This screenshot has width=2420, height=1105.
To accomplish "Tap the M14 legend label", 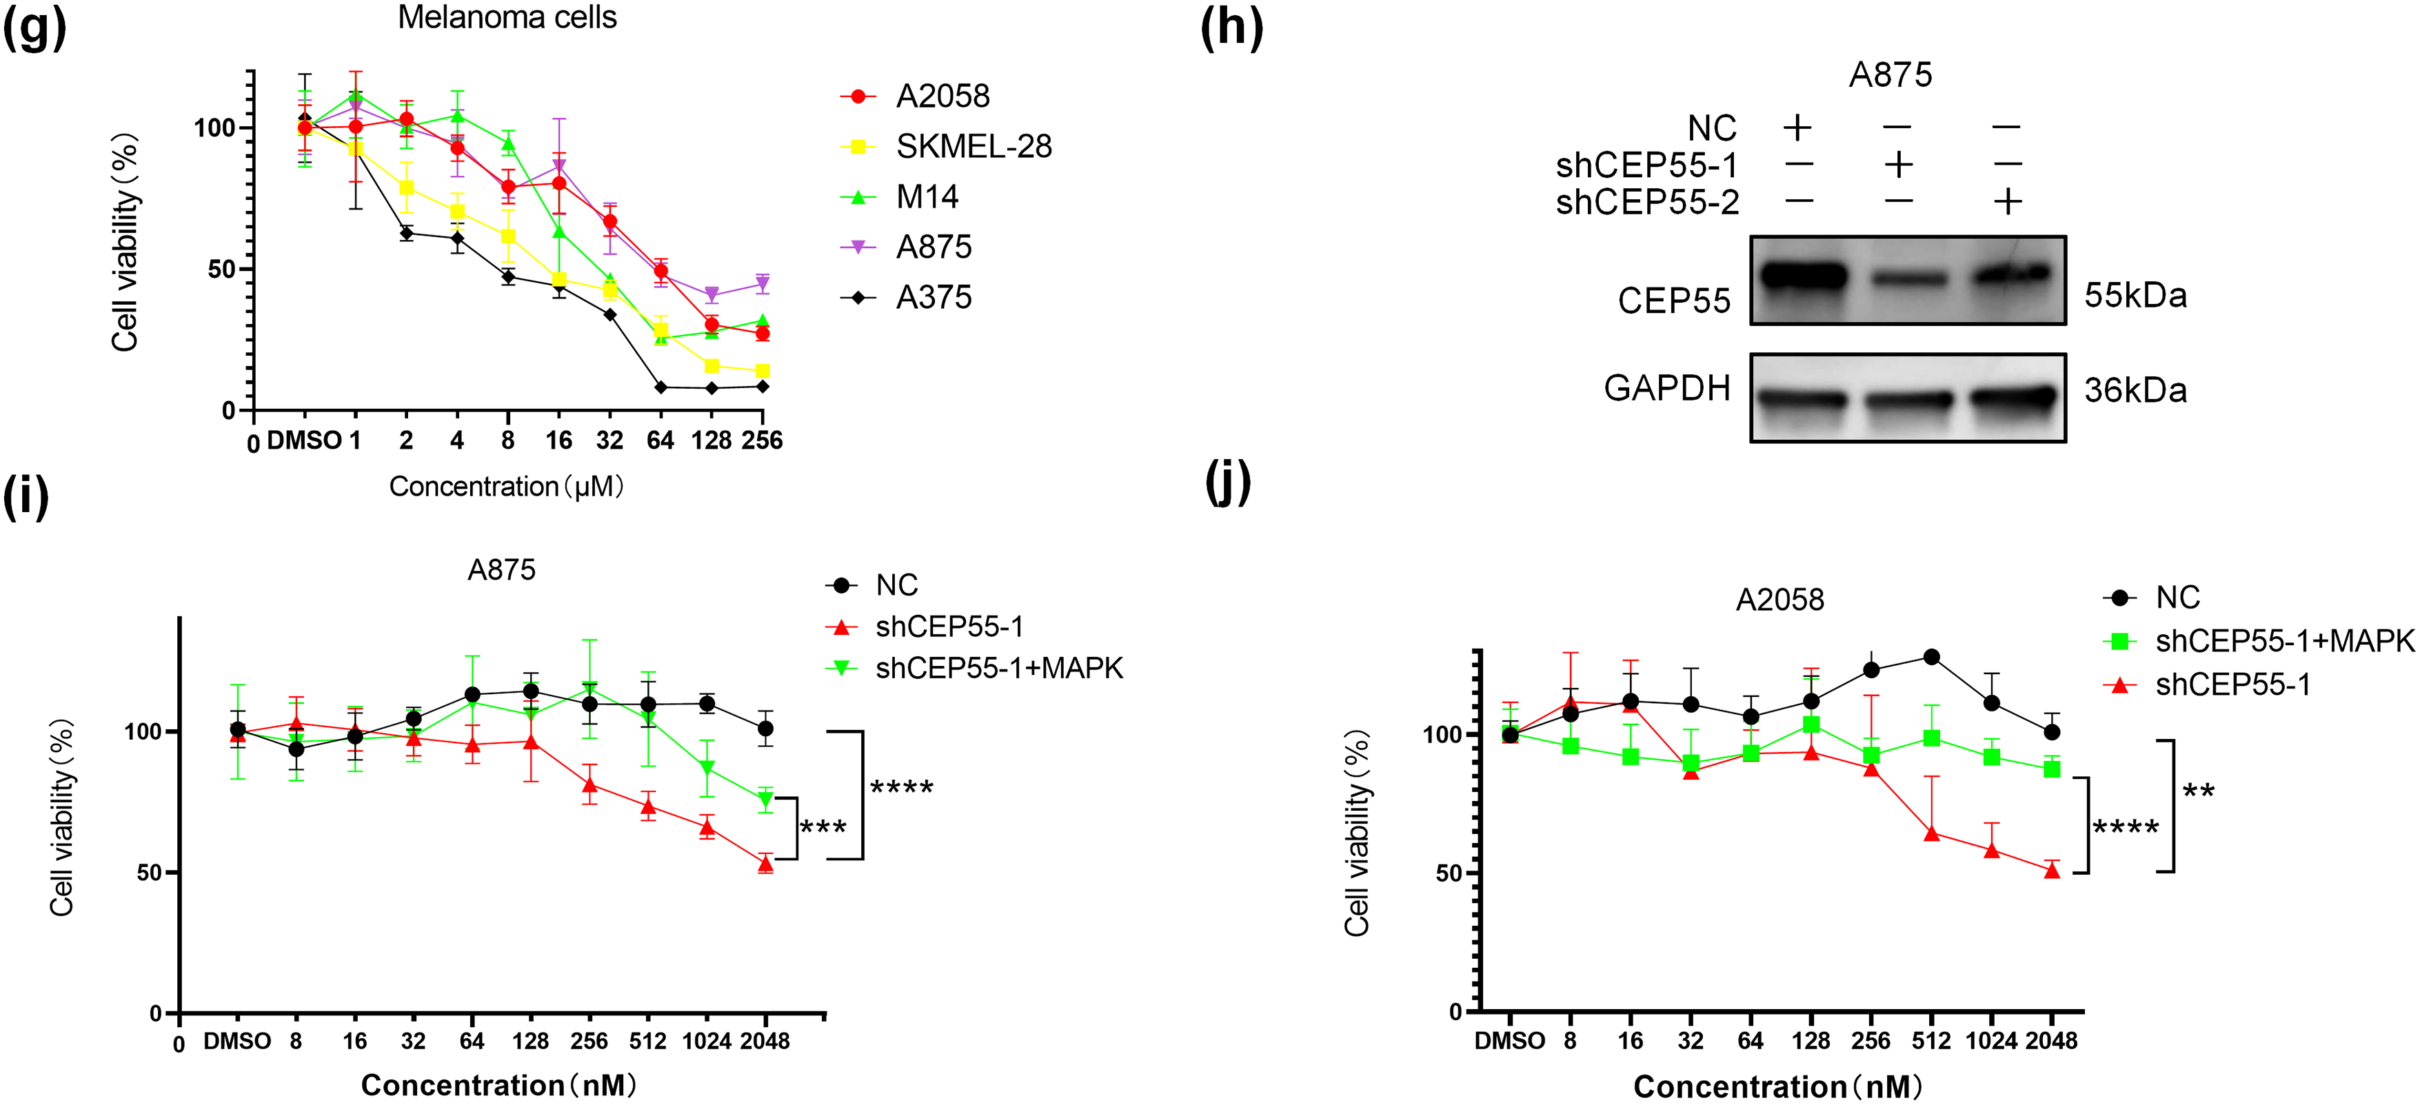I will point(927,196).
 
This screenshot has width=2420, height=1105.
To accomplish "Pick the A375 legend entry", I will point(933,297).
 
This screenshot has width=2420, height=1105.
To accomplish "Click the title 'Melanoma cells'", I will point(507,17).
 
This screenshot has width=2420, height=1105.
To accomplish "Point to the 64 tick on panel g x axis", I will point(661,440).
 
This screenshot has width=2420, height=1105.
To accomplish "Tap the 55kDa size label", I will point(2135,295).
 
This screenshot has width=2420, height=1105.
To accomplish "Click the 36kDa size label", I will point(2135,390).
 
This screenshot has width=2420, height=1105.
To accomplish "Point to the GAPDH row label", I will point(1666,387).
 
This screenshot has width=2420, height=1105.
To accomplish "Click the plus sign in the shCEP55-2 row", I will point(2008,201).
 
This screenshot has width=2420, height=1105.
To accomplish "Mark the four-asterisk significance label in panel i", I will point(902,787).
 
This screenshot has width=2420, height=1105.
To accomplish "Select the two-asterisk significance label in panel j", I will point(2198,792).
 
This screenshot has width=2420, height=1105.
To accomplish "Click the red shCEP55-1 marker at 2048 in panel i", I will point(766,864).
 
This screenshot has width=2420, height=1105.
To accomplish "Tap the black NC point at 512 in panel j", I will point(1931,657).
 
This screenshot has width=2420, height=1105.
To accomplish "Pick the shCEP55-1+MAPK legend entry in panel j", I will point(2283,641).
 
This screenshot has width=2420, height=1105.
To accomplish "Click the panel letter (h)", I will point(1231,28).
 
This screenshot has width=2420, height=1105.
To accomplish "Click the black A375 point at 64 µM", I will point(661,387).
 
